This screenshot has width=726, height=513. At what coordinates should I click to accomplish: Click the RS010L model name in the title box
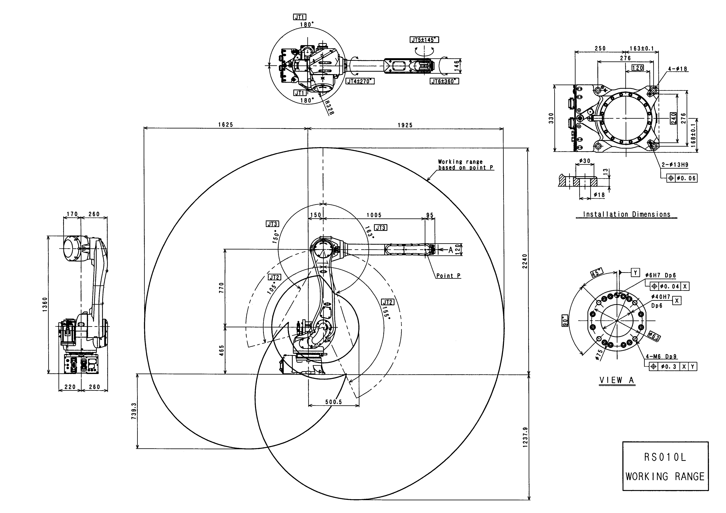pyautogui.click(x=665, y=457)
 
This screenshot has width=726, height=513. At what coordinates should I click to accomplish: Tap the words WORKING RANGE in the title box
pyautogui.click(x=665, y=477)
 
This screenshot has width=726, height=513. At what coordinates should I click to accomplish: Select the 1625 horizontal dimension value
pyautogui.click(x=225, y=125)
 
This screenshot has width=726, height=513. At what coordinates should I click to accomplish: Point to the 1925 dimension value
pyautogui.click(x=405, y=125)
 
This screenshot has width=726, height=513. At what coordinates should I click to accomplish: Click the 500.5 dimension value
pyautogui.click(x=334, y=402)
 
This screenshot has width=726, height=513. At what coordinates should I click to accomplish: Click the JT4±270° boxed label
pyautogui.click(x=360, y=81)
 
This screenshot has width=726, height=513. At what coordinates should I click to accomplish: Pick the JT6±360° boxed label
pyautogui.click(x=444, y=81)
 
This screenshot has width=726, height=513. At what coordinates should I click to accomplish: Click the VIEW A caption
pyautogui.click(x=617, y=380)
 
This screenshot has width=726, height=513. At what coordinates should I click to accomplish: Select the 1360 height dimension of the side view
pyautogui.click(x=45, y=304)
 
